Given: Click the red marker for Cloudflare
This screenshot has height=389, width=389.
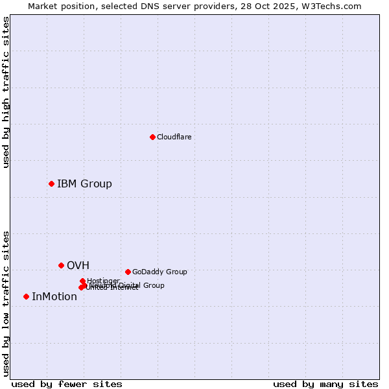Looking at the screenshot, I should (x=152, y=137).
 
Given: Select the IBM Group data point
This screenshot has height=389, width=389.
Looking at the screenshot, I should (x=51, y=183).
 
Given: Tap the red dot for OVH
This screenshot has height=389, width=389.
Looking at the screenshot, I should (x=61, y=265).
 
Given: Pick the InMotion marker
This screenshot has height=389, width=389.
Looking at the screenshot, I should (x=26, y=296).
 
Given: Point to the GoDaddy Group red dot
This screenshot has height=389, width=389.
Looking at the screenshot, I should (x=128, y=272).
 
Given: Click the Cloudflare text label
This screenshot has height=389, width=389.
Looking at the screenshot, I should (x=174, y=137).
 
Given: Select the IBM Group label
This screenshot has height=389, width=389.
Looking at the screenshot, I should (x=84, y=183).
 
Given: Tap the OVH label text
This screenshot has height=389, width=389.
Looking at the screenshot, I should (x=78, y=265).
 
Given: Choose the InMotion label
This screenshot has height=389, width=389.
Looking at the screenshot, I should (x=54, y=296).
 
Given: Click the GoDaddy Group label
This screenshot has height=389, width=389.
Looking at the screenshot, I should (x=159, y=272).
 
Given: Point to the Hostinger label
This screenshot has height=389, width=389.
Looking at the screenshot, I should (x=103, y=281).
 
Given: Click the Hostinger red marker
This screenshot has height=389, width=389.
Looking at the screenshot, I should (x=82, y=281).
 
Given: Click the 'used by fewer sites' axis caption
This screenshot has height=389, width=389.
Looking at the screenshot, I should (x=67, y=384).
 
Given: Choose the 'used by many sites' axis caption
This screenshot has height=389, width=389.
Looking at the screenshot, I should (x=325, y=384).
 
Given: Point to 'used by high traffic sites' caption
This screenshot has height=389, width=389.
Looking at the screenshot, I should (x=6, y=92).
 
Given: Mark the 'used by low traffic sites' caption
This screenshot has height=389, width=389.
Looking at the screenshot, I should (x=6, y=303).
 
